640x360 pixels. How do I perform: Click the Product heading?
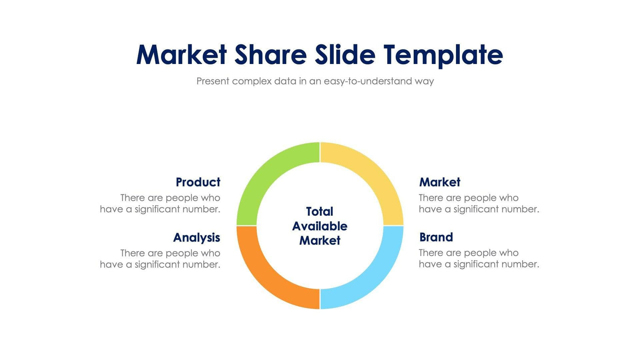198,182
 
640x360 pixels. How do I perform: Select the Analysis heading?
196,237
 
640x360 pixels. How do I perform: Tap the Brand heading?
436,237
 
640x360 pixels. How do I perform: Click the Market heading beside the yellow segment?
440,182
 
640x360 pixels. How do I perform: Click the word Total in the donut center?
320,211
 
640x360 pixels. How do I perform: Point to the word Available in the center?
320,226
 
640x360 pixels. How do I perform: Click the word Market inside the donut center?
320,240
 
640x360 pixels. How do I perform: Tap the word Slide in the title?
345,55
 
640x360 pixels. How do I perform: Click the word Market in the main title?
181,55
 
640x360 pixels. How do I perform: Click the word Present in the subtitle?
213,81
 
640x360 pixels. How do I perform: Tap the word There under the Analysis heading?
132,253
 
